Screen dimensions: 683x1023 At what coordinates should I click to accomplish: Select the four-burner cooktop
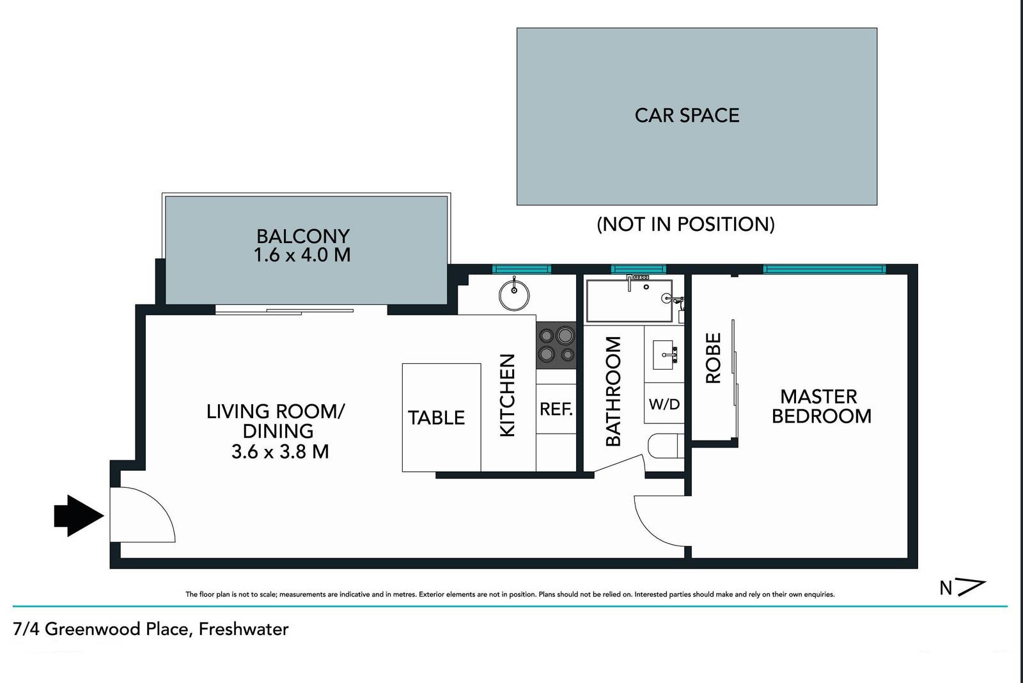[x=556, y=345]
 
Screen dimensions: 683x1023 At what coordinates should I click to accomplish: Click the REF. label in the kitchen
[x=556, y=409]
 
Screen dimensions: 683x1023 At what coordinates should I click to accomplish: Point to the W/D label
[x=664, y=404]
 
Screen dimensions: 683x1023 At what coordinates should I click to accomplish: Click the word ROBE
[x=713, y=358]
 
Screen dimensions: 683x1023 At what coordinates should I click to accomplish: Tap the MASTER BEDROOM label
[x=820, y=406]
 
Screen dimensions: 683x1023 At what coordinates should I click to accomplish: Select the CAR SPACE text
[x=687, y=115]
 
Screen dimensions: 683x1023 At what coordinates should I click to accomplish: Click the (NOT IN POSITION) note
[x=685, y=224]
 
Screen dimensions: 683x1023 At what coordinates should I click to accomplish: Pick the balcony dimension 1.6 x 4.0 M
[x=302, y=255]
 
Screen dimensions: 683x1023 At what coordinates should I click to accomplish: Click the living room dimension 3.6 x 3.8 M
[x=280, y=451]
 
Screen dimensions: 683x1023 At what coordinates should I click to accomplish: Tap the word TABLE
[x=436, y=418]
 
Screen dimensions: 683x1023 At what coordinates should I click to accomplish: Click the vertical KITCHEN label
[x=507, y=395]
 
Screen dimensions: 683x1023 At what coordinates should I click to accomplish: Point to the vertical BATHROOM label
[x=613, y=391]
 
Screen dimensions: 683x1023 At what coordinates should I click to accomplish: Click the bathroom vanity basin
[x=666, y=354]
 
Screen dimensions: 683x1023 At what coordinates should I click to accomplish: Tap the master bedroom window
[x=824, y=269]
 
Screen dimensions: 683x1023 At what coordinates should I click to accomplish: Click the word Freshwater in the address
[x=244, y=629]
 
